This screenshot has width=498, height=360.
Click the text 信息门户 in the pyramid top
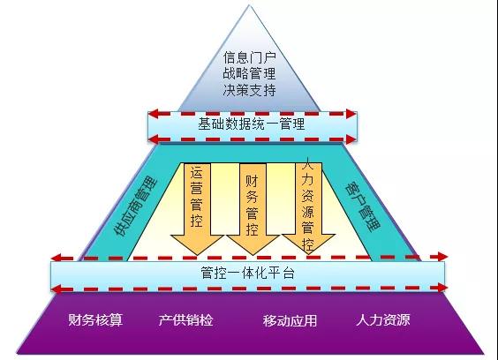pos(249,57)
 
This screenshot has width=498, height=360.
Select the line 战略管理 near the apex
pos(249,73)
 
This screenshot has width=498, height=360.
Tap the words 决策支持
pos(249,90)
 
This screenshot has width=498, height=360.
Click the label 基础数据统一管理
pos(252,124)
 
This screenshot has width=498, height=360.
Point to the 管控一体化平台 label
pos(248,273)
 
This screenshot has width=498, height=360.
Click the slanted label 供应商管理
pos(137,207)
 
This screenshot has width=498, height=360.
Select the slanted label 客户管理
pos(362,206)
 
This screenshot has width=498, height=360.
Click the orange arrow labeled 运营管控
pos(197,208)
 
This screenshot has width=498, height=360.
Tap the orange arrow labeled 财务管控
pos(253,208)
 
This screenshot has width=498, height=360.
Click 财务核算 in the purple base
pos(95,320)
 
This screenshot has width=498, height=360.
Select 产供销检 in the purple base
pos(185,320)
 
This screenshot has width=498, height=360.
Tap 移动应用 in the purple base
pos(290,320)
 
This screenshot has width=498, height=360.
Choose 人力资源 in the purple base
pos(383,319)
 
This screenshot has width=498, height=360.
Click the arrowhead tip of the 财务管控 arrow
pos(253,255)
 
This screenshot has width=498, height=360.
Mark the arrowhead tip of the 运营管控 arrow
pos(197,255)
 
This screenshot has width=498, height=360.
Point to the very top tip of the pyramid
pos(249,5)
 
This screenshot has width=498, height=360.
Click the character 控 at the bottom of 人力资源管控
pos(308,244)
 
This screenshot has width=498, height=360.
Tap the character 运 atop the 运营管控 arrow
pos(197,173)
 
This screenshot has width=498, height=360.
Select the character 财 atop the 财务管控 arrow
pos(252,182)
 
